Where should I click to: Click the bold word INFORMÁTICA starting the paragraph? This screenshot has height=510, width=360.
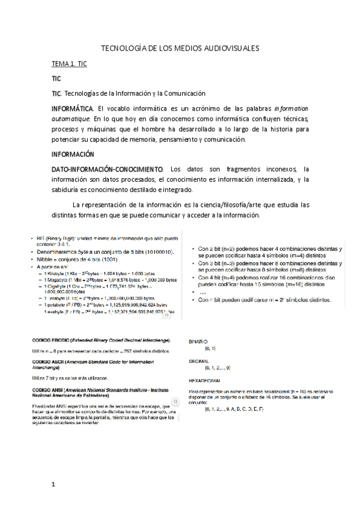pos(72,109)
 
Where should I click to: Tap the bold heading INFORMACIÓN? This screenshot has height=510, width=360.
pos(73,154)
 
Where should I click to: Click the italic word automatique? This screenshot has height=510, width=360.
pos(72,119)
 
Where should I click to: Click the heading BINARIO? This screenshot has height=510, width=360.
pos(198,341)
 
